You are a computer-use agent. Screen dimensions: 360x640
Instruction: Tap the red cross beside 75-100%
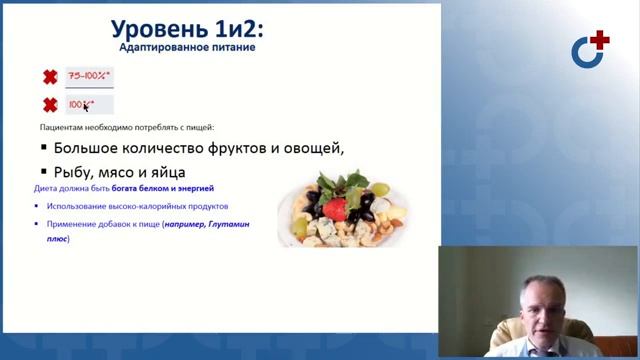(49, 76)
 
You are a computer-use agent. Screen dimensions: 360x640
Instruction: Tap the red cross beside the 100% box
(49, 104)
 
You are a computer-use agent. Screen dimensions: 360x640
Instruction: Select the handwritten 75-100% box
(89, 76)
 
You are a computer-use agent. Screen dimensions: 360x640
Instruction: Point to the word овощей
(312, 149)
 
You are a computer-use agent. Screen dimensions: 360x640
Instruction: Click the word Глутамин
(227, 225)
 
